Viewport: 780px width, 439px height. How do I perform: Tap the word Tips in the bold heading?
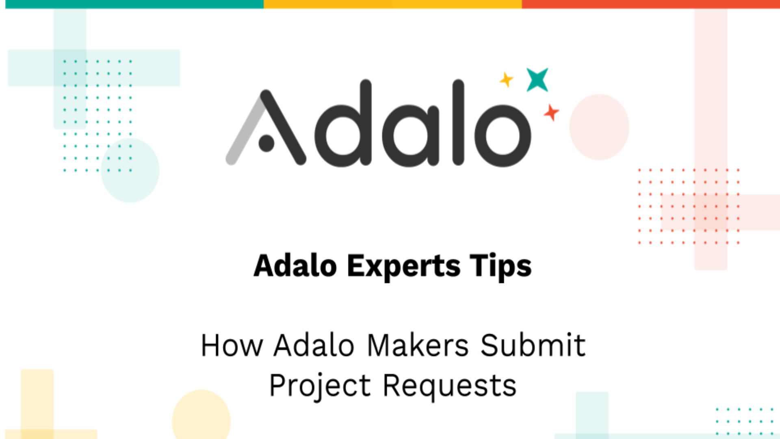tap(500, 266)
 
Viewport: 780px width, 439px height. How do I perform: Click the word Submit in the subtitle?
tap(533, 346)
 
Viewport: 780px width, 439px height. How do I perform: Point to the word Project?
tap(320, 385)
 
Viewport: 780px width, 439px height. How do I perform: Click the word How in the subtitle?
tap(232, 346)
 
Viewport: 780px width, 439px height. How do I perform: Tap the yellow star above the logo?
tap(507, 80)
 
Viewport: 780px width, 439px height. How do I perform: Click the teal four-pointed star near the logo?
tap(537, 80)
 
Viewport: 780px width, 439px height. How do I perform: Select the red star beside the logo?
tap(551, 112)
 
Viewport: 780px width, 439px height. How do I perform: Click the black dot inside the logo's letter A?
tap(266, 143)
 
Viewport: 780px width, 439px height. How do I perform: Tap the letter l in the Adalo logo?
tap(458, 122)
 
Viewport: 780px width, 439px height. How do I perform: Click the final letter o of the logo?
tap(503, 136)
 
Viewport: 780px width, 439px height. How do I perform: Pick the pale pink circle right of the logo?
tap(599, 127)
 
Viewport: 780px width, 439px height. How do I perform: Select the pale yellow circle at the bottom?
tap(201, 417)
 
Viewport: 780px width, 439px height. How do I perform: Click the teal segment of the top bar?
tap(134, 4)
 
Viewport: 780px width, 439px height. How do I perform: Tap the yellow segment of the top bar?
tap(392, 4)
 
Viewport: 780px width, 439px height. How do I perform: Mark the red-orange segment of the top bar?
tap(650, 4)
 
